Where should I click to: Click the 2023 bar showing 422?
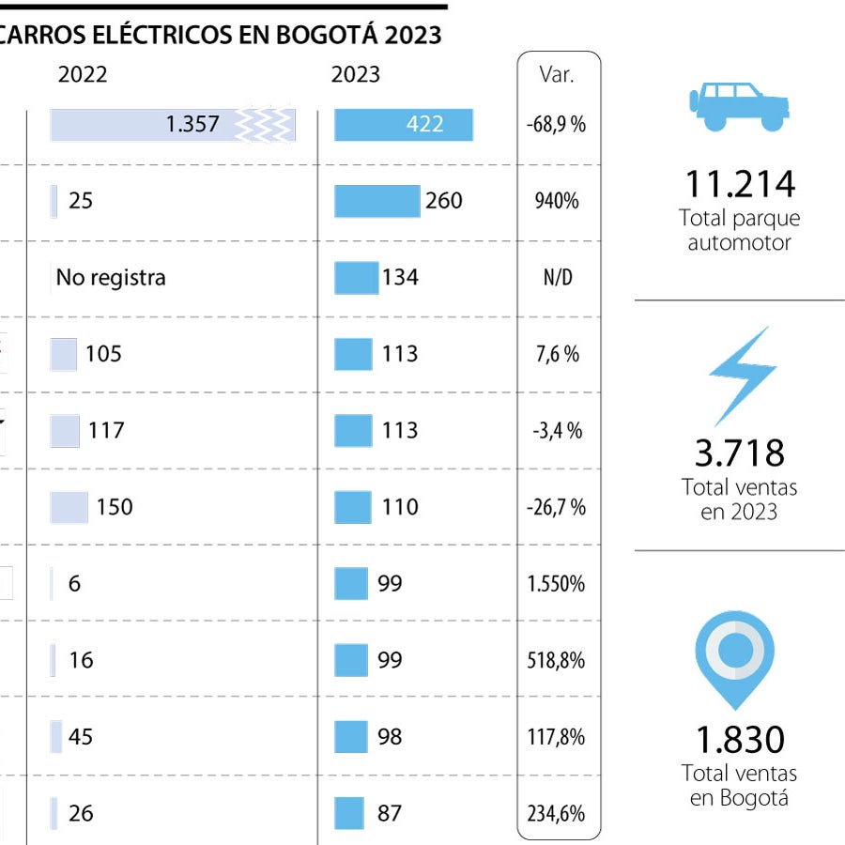[x=404, y=125]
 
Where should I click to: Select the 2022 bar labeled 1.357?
[x=173, y=125]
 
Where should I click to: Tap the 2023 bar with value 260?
[x=377, y=201]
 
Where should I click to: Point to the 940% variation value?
[x=558, y=201]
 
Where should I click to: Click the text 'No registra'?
[x=111, y=278]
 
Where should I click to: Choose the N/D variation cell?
[x=558, y=278]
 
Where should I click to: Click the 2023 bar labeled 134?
[x=357, y=278]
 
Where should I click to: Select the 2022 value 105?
[x=103, y=354]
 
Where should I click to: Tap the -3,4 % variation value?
[x=558, y=431]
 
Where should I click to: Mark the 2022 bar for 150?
[x=69, y=507]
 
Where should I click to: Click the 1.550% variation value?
[x=558, y=584]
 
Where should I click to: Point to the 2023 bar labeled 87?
[x=349, y=813]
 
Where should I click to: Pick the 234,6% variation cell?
[x=558, y=813]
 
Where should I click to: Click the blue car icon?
[x=739, y=104]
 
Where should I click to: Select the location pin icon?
[x=735, y=652]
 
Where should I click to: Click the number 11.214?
[x=740, y=184]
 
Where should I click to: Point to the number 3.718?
[x=740, y=453]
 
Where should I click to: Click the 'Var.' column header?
[x=557, y=75]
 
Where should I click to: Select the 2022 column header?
[x=83, y=75]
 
